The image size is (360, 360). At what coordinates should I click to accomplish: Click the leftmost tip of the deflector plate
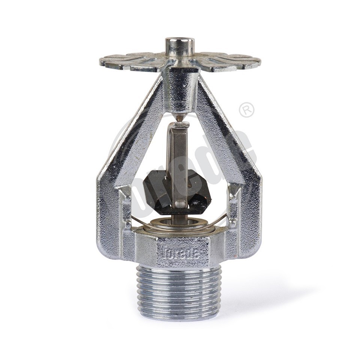click(101, 61)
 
